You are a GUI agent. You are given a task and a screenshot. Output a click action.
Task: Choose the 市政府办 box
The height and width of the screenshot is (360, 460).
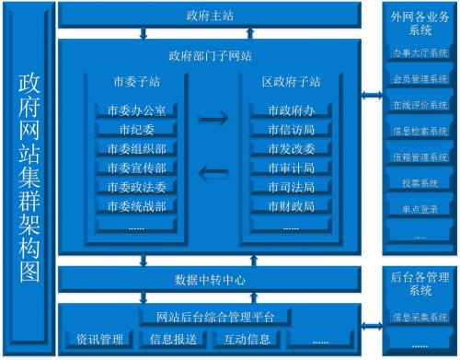pos(292,110)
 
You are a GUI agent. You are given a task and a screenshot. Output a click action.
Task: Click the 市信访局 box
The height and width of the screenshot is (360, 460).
pos(292,129)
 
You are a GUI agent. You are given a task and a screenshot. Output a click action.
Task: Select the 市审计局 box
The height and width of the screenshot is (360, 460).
pos(292,168)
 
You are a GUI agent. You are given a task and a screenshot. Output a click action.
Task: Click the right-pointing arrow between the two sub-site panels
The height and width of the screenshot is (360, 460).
pos(213,118)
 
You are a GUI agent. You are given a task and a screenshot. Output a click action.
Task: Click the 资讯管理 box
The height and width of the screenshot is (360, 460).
pos(100,339)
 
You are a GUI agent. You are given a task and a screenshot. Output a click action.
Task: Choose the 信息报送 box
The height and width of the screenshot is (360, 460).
pos(173,339)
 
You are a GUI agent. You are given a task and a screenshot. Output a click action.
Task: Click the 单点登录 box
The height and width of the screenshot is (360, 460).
pos(420,209)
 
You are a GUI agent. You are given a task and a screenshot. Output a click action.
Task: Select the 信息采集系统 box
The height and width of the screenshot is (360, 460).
pos(420,317)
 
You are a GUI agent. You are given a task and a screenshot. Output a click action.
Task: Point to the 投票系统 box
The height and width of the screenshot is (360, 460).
pos(420,182)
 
